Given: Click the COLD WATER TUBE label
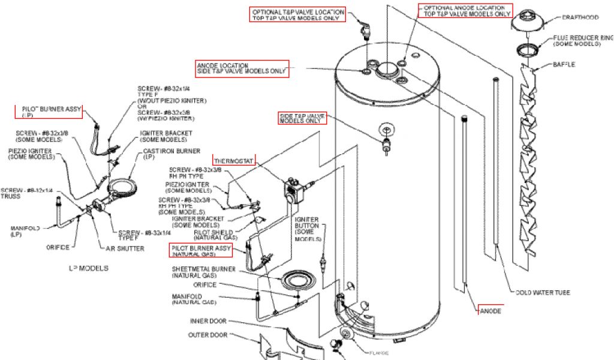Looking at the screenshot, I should click(543, 293).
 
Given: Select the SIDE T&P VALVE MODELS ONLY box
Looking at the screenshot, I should click(303, 118).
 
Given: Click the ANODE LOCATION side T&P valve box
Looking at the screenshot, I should click(242, 68).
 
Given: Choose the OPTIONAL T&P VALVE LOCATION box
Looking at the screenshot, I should click(298, 14).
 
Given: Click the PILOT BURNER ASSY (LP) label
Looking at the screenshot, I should click(48, 112).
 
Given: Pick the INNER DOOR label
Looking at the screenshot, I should click(209, 321).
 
